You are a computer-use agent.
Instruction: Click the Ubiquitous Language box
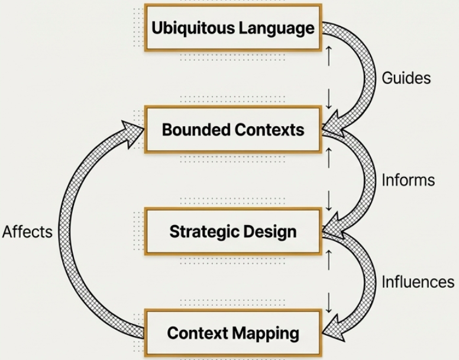coord(233,28)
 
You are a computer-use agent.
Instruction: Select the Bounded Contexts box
coord(233,130)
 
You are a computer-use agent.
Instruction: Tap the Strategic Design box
coord(233,231)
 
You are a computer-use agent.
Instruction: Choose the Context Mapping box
coord(233,332)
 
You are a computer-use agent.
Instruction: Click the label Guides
coord(406,78)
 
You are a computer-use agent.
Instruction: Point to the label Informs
coord(408,179)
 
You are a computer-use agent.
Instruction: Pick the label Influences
coord(418,282)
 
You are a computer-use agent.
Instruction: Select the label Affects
coord(27,231)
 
